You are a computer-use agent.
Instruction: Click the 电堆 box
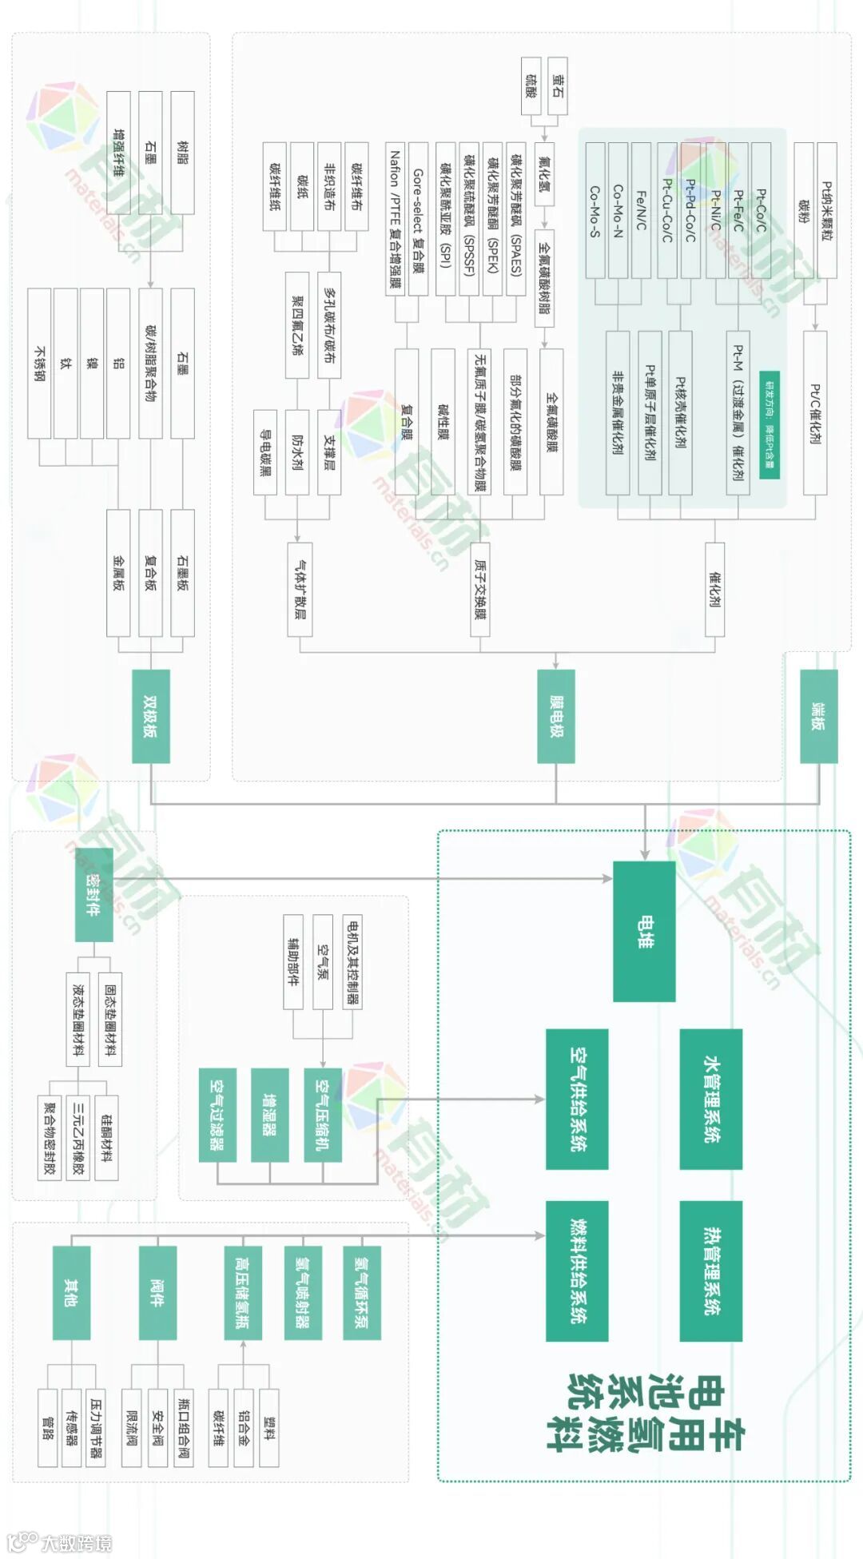pos(644,931)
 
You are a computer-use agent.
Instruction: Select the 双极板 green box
pos(150,716)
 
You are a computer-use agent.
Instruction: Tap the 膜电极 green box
pos(556,716)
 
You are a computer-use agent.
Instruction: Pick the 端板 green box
pos(819,716)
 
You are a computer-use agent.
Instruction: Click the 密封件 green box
pos(93,894)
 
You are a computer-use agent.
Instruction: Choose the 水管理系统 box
pos(710,1099)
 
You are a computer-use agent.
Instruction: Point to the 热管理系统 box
pos(710,1271)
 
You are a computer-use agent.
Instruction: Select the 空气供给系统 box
pos(577,1099)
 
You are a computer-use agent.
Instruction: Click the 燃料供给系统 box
pos(577,1271)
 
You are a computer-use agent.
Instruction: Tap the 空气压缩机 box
pos(323,1114)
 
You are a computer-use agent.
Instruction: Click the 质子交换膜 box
pos(479,590)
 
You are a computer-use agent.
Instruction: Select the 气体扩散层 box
pos(300,590)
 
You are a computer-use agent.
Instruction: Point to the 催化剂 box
pos(715,590)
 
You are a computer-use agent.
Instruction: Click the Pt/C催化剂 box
pos(814,413)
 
